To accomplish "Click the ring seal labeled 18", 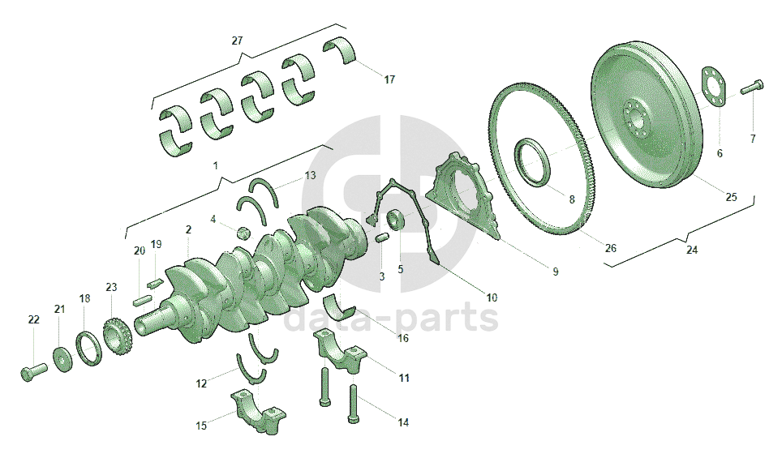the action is [x=89, y=348].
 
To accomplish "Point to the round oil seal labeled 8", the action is [x=534, y=163].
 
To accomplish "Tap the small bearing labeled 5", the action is [x=395, y=220].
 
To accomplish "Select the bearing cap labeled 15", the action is [x=258, y=410].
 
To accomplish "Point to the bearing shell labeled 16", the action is [x=339, y=306].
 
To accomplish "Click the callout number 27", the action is [x=237, y=41].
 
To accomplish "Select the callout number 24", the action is [x=692, y=250].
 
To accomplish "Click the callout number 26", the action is [x=611, y=248].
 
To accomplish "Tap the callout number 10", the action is [x=492, y=297].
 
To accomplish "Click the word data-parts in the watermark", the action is [x=390, y=318].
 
